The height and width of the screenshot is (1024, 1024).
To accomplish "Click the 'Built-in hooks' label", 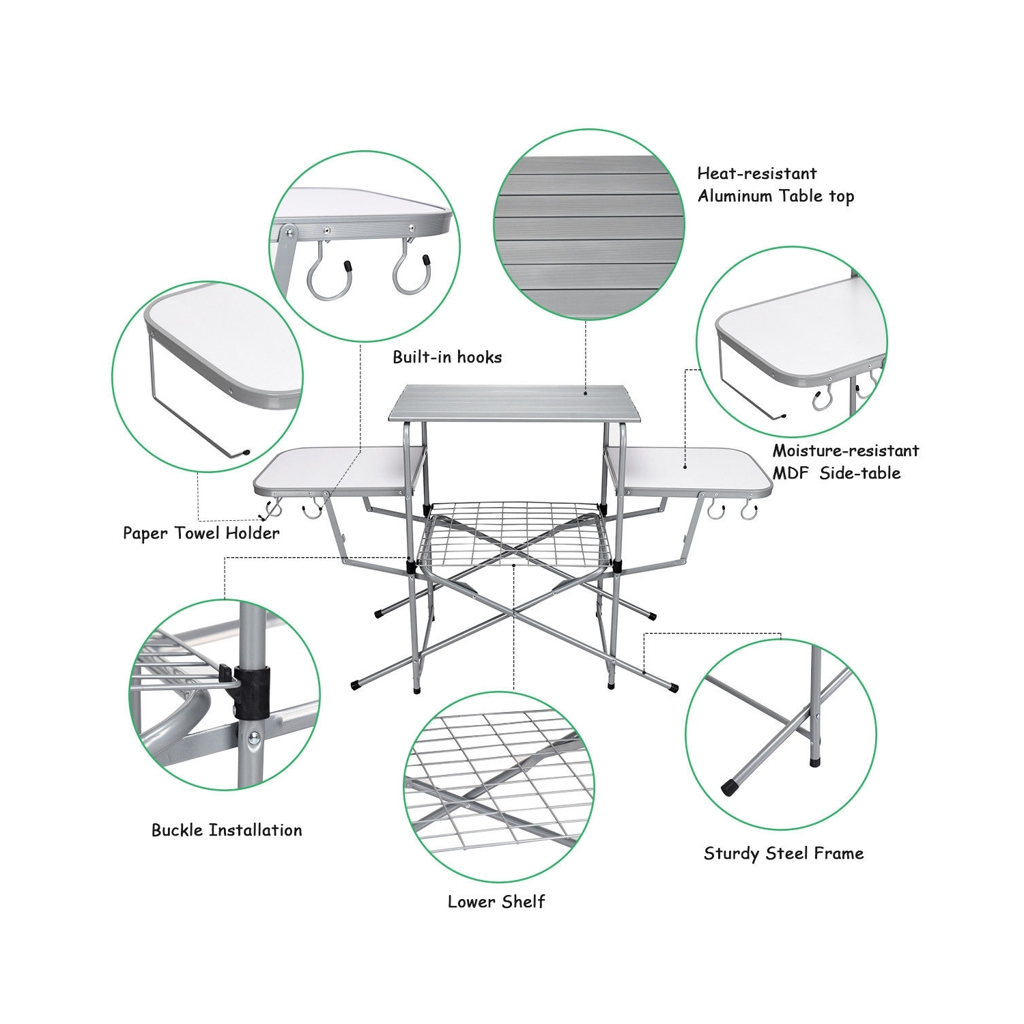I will [447, 357].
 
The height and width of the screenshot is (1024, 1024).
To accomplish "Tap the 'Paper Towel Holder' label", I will [201, 533].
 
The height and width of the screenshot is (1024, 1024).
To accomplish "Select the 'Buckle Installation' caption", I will [227, 830].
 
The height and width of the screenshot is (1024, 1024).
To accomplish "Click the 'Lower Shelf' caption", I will [496, 902].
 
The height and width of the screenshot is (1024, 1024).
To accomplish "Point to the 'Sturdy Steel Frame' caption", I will [784, 853].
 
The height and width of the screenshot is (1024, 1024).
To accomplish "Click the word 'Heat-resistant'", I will [756, 173].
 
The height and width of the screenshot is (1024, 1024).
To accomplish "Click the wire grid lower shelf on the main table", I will [512, 529].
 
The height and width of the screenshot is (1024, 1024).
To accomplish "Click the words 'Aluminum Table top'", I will [776, 197].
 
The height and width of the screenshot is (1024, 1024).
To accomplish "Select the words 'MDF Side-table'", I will [836, 473].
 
